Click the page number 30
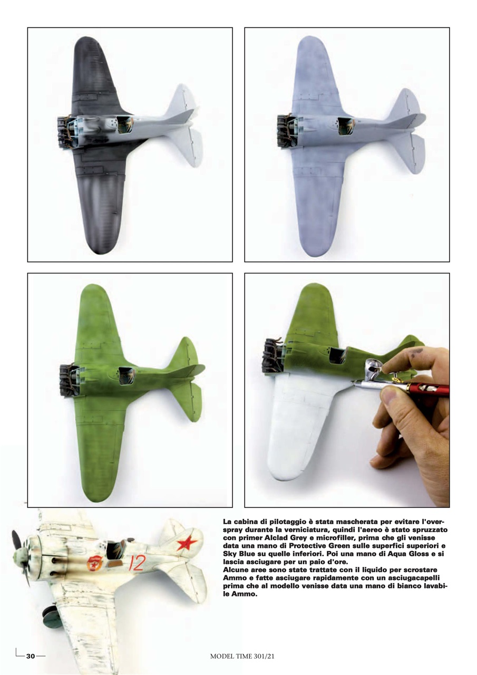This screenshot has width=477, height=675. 31,656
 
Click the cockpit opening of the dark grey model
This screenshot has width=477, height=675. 125,125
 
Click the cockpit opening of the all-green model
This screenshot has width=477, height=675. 127,376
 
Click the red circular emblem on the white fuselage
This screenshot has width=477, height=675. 94,563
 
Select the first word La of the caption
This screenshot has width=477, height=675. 229,520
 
